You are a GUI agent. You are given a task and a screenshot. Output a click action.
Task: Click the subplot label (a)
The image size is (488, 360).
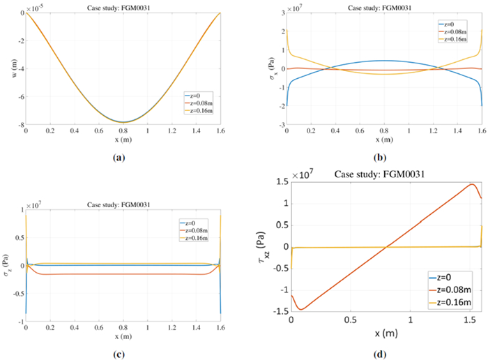[x=119, y=158]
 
